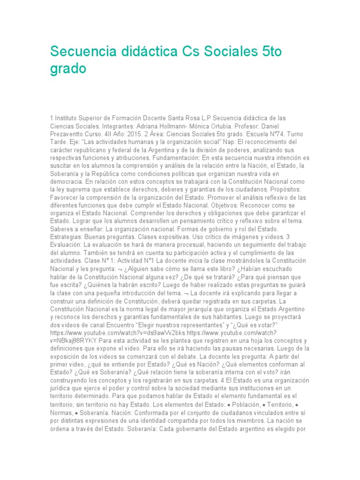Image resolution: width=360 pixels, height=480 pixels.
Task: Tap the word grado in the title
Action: pyautogui.click(x=68, y=68)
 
